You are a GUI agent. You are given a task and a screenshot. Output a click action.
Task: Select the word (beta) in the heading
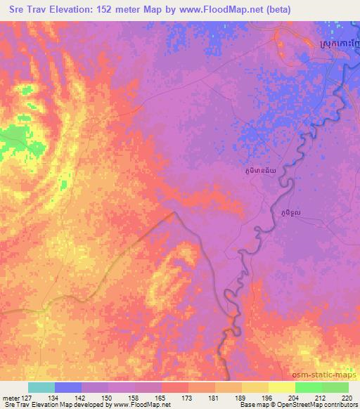258,10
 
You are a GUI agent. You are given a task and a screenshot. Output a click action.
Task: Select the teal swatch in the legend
41,387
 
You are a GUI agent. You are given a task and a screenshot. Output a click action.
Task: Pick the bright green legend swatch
309,387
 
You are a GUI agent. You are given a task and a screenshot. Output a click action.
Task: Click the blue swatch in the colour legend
68,387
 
